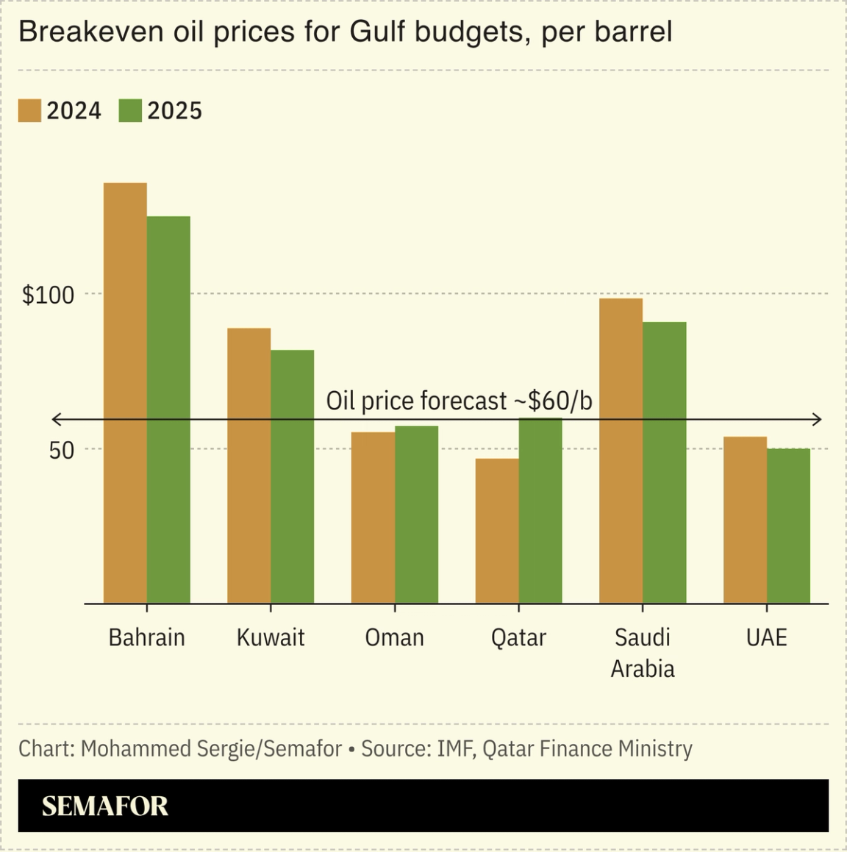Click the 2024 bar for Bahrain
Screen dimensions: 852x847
pos(125,393)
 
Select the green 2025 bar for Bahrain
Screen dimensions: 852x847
pos(168,409)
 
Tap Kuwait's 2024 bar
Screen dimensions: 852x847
pos(249,465)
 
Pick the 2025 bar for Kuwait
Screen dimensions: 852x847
pos(293,476)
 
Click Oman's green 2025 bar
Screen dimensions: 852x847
pos(416,515)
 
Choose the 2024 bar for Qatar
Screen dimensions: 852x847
pos(497,531)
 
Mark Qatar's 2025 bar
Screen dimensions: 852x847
pos(540,511)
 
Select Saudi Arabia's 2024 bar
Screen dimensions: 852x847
pos(621,451)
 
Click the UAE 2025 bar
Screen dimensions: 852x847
pos(788,526)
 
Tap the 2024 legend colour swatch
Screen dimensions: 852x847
pos(30,110)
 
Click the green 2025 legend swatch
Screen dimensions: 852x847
pos(130,110)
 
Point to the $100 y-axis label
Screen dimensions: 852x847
pos(49,295)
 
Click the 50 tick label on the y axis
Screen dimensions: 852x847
pos(62,450)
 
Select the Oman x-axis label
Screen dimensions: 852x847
pos(395,637)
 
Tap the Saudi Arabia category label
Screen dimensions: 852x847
pos(643,652)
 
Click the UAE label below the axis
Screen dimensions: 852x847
pos(766,637)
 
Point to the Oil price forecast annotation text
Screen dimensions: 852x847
pos(459,401)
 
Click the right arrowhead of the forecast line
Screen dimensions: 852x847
pos(818,420)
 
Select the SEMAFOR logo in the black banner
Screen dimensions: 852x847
pos(105,806)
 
